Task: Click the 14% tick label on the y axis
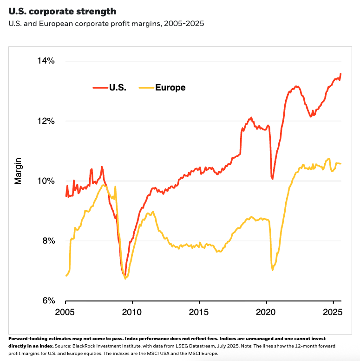[x=46, y=61]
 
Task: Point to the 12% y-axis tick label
[x=46, y=121]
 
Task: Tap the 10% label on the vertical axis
[x=46, y=180]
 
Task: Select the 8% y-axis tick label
[x=48, y=240]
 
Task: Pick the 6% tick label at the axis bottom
[x=48, y=300]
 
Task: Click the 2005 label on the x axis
[x=65, y=312]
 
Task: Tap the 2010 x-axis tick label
[x=132, y=312]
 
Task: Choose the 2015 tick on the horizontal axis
[x=199, y=312]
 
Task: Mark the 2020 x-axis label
[x=267, y=312]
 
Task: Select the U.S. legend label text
[x=118, y=87]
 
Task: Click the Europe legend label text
[x=170, y=87]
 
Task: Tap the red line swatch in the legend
[x=99, y=87]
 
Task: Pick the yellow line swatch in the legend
[x=145, y=87]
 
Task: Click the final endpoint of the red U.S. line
[x=341, y=74]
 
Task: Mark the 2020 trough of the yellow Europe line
[x=273, y=270]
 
